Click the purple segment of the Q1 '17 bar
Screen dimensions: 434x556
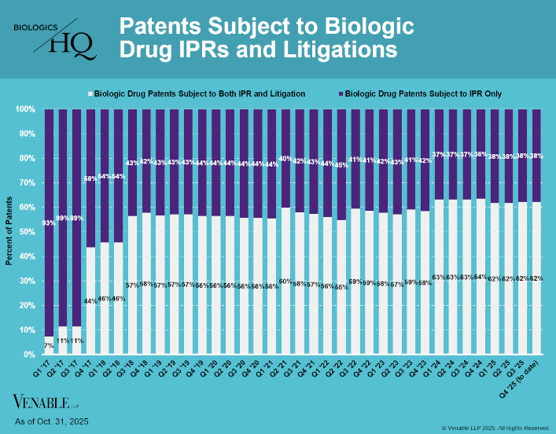[x=49, y=220]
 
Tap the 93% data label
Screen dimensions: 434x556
[x=49, y=223]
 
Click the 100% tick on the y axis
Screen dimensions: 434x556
[x=24, y=109]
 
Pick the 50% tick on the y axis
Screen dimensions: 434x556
[x=26, y=232]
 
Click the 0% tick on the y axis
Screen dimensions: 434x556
[x=28, y=355]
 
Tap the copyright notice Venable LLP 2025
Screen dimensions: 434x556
[x=495, y=428]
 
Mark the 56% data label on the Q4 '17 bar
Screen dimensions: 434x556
[x=91, y=178]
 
